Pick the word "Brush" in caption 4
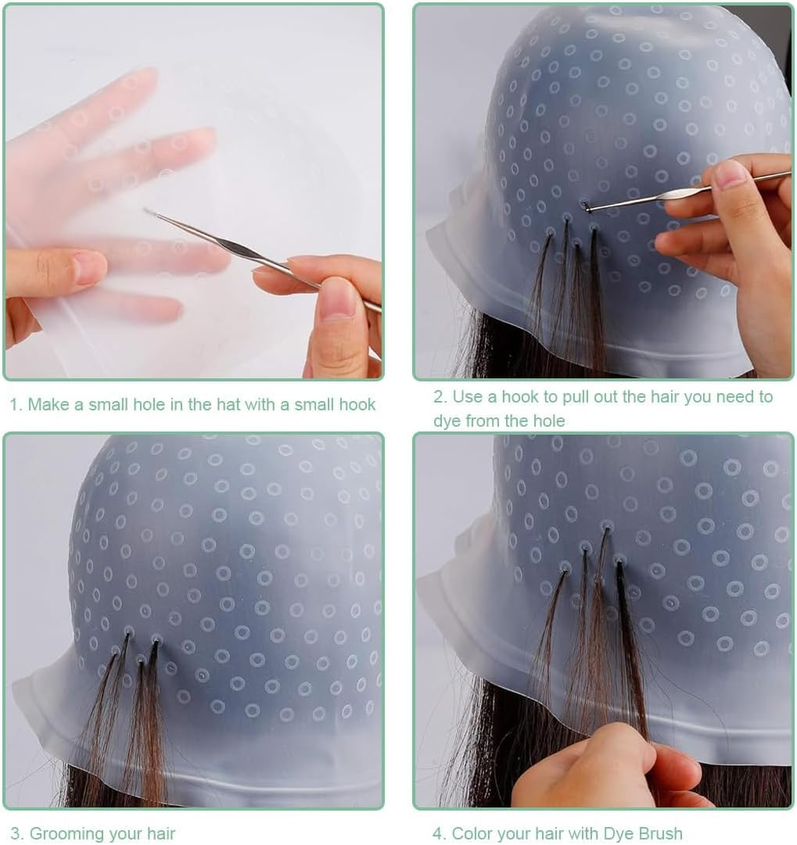coord(659,833)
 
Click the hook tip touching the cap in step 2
coord(586,206)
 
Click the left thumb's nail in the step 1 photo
coord(88,267)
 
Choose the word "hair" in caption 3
coord(159,833)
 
